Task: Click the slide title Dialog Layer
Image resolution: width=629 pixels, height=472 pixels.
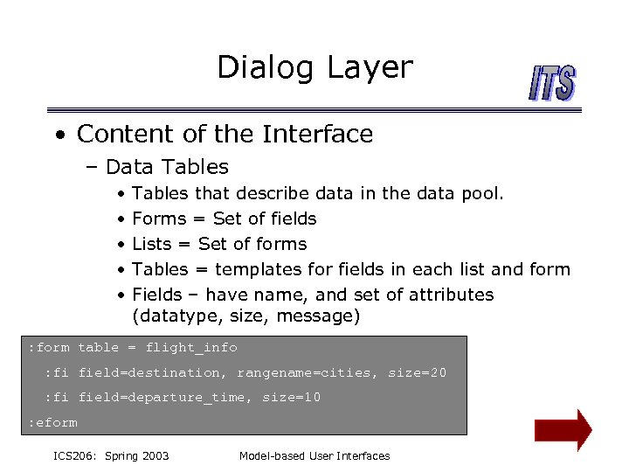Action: pos(314,68)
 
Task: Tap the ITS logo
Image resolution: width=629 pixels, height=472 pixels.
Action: pos(552,85)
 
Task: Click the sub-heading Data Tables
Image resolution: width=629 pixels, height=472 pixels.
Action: pos(166,167)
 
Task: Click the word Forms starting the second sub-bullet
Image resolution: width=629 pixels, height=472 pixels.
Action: pos(159,219)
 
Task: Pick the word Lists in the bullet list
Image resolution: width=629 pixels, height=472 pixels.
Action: pos(152,244)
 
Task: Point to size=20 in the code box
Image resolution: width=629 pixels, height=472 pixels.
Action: pos(417,373)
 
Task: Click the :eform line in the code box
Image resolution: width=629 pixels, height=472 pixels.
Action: pos(52,423)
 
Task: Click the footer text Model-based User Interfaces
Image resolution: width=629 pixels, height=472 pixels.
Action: pos(314,455)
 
